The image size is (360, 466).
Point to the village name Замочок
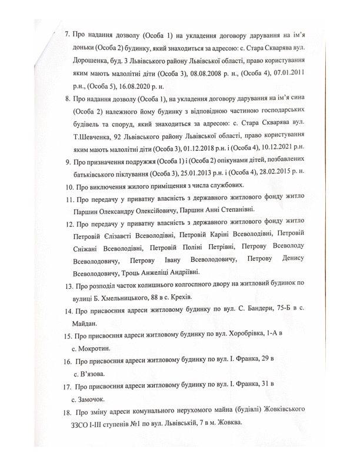point(97,399)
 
